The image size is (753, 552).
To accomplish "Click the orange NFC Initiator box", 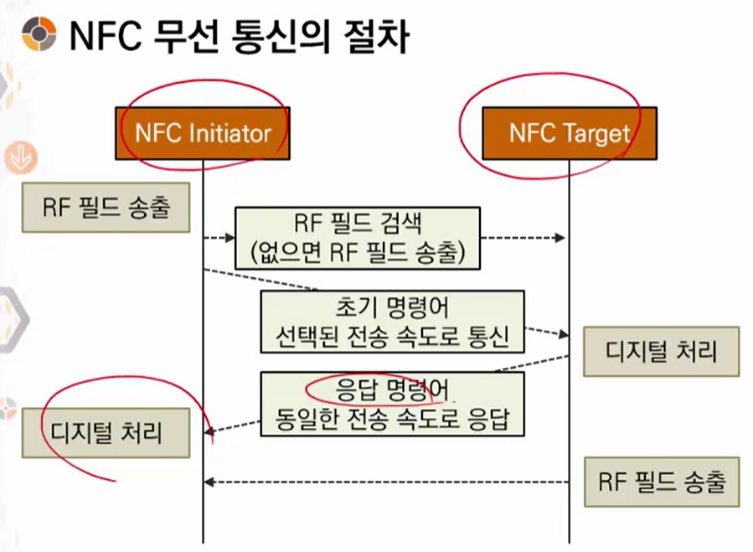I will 203,133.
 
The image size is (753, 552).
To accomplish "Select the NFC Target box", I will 569,133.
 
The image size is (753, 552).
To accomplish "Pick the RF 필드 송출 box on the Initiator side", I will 106,208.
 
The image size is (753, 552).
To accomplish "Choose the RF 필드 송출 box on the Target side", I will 662,482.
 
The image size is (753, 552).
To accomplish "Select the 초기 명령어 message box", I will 392,323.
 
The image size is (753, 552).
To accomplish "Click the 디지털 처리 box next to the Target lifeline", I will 662,351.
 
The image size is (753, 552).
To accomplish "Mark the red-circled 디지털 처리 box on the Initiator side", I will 106,433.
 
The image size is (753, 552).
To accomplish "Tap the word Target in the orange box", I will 593,133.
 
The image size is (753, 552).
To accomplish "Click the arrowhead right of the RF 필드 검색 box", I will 560,238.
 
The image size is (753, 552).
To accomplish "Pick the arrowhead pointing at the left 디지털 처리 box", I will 210,432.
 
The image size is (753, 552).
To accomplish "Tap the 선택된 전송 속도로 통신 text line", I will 393,338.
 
